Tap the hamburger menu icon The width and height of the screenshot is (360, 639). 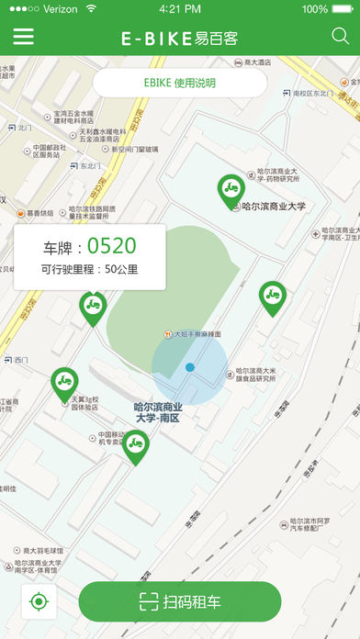pos(23,37)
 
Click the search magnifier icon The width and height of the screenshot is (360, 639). pos(339,37)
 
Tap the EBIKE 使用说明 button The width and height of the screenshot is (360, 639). pos(180,83)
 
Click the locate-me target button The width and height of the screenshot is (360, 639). pos(39,602)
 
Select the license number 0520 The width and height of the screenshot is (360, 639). pos(111,245)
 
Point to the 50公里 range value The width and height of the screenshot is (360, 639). pos(121,270)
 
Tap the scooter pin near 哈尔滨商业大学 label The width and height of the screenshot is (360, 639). pos(231,189)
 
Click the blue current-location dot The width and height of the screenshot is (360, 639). pos(189,367)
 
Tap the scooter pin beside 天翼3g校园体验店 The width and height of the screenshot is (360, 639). pos(63,381)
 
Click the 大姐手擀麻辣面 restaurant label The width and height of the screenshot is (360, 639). pos(197,334)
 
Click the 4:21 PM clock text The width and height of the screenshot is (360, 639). pos(180,9)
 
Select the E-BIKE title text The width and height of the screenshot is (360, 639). pos(156,38)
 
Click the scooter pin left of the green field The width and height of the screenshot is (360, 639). pos(92,306)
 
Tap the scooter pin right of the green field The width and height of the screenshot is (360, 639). pos(272,297)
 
